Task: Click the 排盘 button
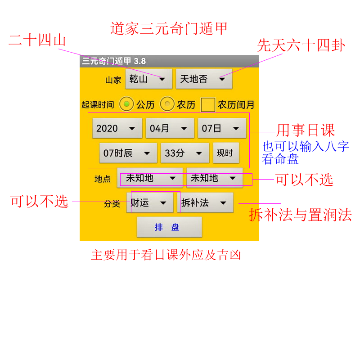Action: click(x=170, y=227)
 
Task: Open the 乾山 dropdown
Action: click(x=149, y=79)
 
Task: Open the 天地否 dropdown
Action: click(x=204, y=79)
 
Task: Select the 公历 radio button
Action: click(x=126, y=104)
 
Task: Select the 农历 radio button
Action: click(x=167, y=104)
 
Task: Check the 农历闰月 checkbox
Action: click(x=208, y=105)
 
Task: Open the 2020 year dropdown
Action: click(x=117, y=128)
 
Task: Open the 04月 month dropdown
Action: click(x=170, y=128)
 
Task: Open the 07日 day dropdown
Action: click(x=222, y=128)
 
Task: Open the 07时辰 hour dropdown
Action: click(x=128, y=153)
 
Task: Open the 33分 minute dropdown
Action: click(x=185, y=153)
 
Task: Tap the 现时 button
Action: click(x=226, y=153)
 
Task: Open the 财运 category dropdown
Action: click(x=150, y=202)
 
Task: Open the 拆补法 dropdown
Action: click(x=205, y=202)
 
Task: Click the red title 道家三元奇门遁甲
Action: click(x=169, y=28)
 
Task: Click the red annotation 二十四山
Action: click(x=37, y=40)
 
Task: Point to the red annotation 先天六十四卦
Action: click(x=301, y=45)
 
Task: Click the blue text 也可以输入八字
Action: click(x=306, y=146)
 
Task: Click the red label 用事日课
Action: click(x=306, y=130)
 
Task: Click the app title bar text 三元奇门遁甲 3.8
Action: click(x=114, y=61)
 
